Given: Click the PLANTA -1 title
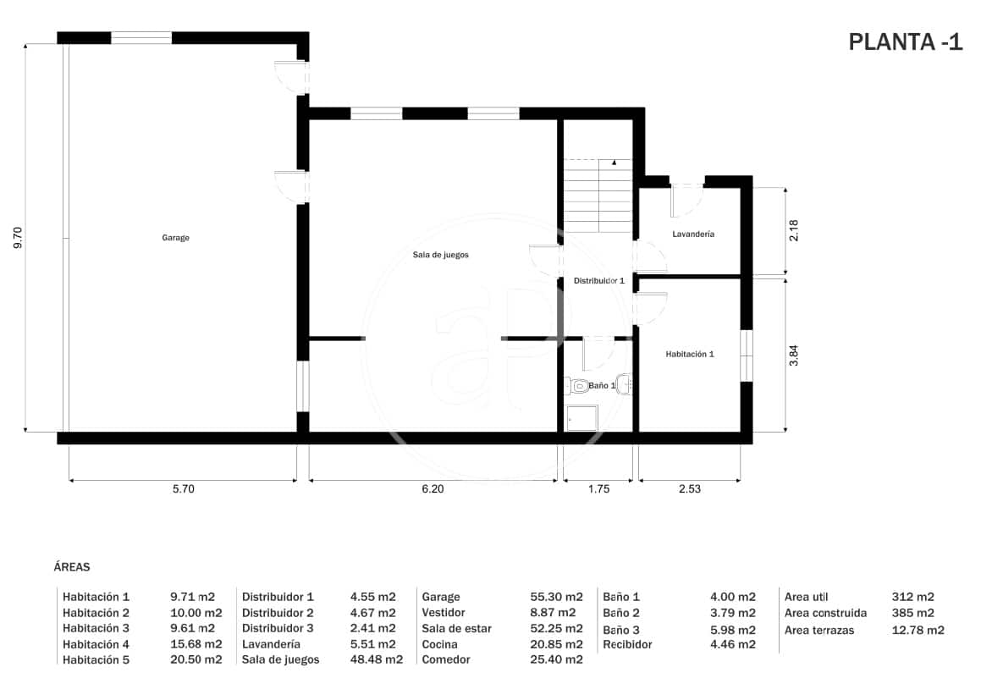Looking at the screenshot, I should click(905, 42).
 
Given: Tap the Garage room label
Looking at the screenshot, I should click(176, 238).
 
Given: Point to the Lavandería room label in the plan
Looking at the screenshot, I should click(693, 234).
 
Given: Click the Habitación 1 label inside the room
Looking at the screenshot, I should click(689, 354).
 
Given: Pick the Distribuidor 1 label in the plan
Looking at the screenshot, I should click(598, 280).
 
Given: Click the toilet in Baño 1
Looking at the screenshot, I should click(580, 387).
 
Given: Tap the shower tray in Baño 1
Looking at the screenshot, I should click(581, 418).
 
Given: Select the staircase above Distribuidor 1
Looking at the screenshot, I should click(599, 195).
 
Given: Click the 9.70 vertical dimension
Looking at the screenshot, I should click(18, 238).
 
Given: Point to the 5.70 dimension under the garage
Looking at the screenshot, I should click(183, 488).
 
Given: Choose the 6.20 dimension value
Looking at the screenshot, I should click(432, 488).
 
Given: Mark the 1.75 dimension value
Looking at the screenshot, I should click(598, 488).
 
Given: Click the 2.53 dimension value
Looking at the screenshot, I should click(689, 488).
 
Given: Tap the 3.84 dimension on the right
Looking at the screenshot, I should click(793, 354).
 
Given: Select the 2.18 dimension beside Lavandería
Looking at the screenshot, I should click(793, 231).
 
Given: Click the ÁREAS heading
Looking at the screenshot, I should click(71, 567).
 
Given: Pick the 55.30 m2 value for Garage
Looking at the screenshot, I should click(556, 597).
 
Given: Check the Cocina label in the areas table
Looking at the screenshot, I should click(439, 644).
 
